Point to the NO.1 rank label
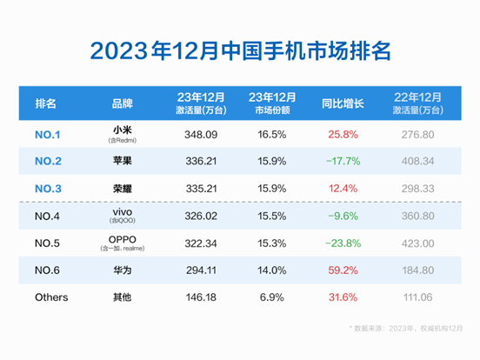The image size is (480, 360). pos(48,134)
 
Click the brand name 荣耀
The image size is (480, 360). pos(123,187)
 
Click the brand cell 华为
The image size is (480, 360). pos(123,270)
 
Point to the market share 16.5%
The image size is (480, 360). pos(270,134)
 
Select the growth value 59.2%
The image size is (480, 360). pos(339,270)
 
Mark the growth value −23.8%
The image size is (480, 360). pos(339,243)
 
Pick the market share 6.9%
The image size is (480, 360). pos(270,297)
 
